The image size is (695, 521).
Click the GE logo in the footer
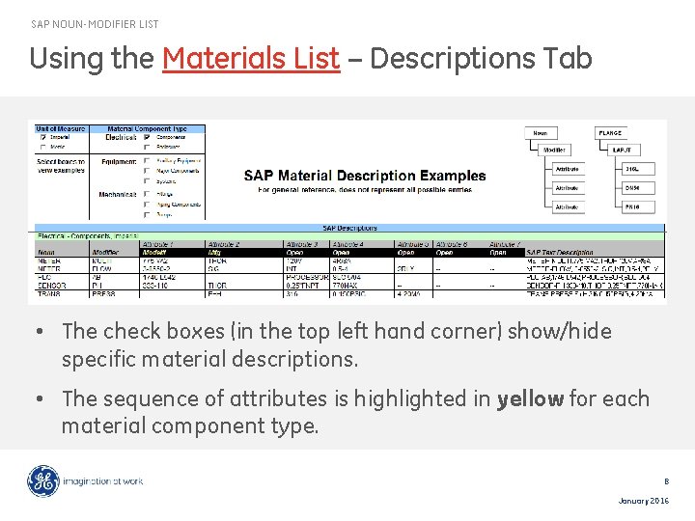point(43,480)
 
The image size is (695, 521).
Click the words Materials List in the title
point(251,59)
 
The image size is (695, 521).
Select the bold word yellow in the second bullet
point(530,398)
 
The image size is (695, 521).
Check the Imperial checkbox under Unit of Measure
point(42,137)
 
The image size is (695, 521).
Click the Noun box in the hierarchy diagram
point(542,133)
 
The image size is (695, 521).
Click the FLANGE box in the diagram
point(610,133)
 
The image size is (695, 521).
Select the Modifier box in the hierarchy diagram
point(555,151)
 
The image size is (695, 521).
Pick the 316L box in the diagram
point(633,169)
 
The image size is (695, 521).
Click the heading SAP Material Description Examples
point(365,176)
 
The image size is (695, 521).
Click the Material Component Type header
point(147,128)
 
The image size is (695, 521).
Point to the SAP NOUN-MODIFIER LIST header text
point(95,24)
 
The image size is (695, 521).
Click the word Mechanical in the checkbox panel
point(118,194)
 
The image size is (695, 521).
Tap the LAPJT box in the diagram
point(622,151)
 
